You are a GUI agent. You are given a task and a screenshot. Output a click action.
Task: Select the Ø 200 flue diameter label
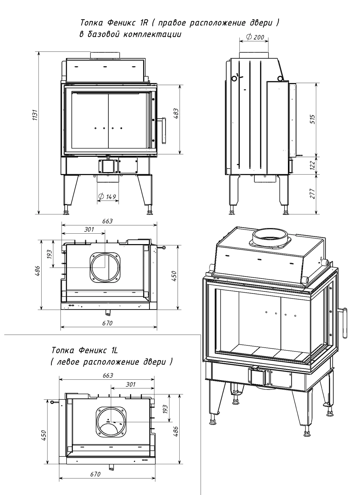255,37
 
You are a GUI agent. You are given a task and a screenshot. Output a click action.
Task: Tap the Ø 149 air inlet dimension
107,197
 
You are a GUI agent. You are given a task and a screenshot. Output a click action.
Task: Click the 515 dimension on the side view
313,119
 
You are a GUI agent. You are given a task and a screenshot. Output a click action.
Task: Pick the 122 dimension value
313,165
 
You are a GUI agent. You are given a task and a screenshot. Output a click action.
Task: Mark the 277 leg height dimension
313,194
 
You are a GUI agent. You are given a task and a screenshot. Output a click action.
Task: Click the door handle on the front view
163,131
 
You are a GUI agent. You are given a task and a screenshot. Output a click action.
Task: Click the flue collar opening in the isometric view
270,235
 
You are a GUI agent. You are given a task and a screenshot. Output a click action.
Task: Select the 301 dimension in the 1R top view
89,229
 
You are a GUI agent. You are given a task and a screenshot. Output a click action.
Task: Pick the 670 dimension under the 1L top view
95,474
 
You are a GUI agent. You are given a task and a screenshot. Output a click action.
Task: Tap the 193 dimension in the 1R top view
49,254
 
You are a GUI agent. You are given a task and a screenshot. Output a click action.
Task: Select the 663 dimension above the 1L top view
108,375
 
